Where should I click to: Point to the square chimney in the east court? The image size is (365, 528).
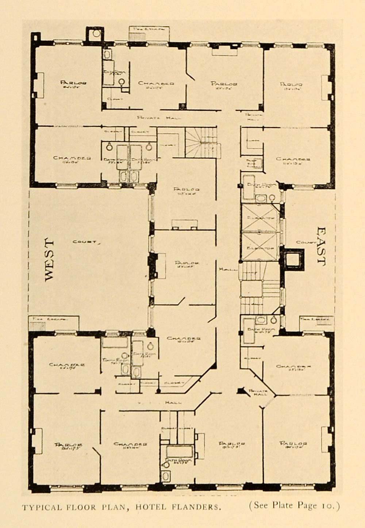pos(293,260)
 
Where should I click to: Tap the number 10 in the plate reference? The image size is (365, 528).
pos(331,506)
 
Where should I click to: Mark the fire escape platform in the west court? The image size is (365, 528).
pos(54,323)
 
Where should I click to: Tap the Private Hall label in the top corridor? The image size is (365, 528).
pos(159,118)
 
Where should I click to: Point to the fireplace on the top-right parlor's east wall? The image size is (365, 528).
pos(325,88)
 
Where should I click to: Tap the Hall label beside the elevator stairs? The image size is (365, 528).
pos(224,269)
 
